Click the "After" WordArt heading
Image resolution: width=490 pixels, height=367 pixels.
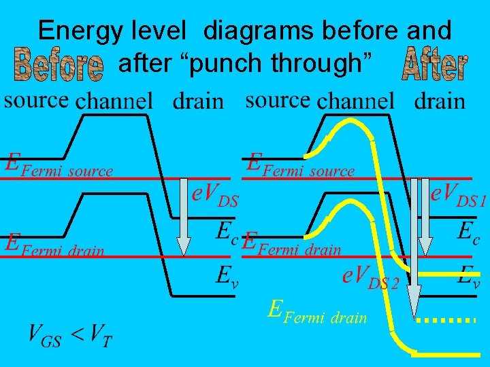click(x=434, y=64)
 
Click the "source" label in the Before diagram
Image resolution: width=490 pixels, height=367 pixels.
click(x=36, y=101)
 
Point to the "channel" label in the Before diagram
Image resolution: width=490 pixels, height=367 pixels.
click(x=114, y=102)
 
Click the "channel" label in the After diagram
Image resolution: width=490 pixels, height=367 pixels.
click(x=355, y=102)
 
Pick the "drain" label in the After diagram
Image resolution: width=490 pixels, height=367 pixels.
click(x=440, y=102)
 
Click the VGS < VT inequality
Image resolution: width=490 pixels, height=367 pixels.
click(x=69, y=334)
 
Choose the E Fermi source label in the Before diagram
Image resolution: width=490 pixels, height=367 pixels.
click(x=58, y=165)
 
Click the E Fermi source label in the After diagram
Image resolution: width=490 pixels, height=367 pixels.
click(x=300, y=165)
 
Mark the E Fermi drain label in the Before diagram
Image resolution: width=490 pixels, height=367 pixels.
click(x=54, y=245)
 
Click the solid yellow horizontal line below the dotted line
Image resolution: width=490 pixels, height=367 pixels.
click(x=445, y=353)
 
